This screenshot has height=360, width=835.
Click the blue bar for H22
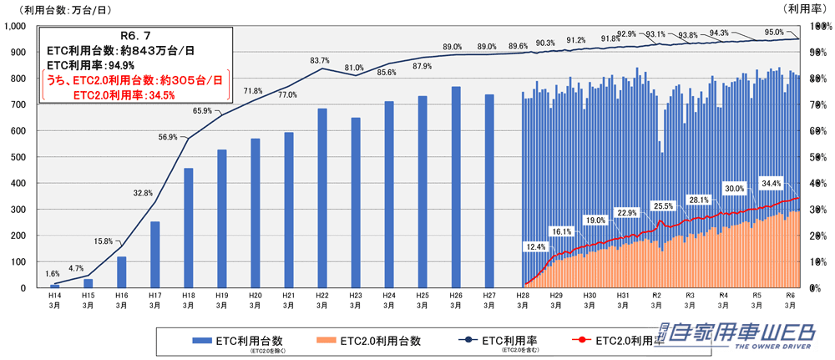coord(321,198)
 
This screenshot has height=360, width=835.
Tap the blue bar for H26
coord(456,187)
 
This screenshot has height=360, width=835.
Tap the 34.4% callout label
coord(771,183)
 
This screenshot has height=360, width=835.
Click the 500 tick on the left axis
coord(18,157)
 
